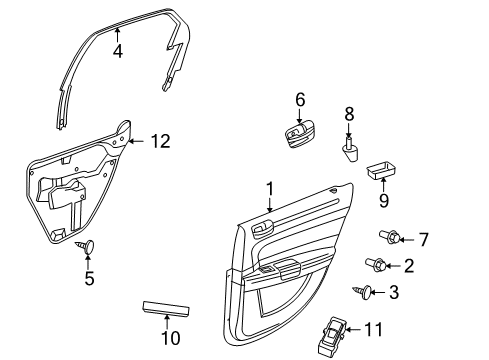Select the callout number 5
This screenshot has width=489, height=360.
click(x=89, y=279)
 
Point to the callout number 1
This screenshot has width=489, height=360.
click(x=269, y=189)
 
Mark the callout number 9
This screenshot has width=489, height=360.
click(x=382, y=199)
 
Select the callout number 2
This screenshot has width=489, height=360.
click(x=409, y=265)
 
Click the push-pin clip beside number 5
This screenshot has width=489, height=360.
click(x=88, y=246)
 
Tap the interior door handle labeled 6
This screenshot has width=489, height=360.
click(x=299, y=135)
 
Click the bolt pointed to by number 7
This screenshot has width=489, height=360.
click(x=389, y=238)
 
